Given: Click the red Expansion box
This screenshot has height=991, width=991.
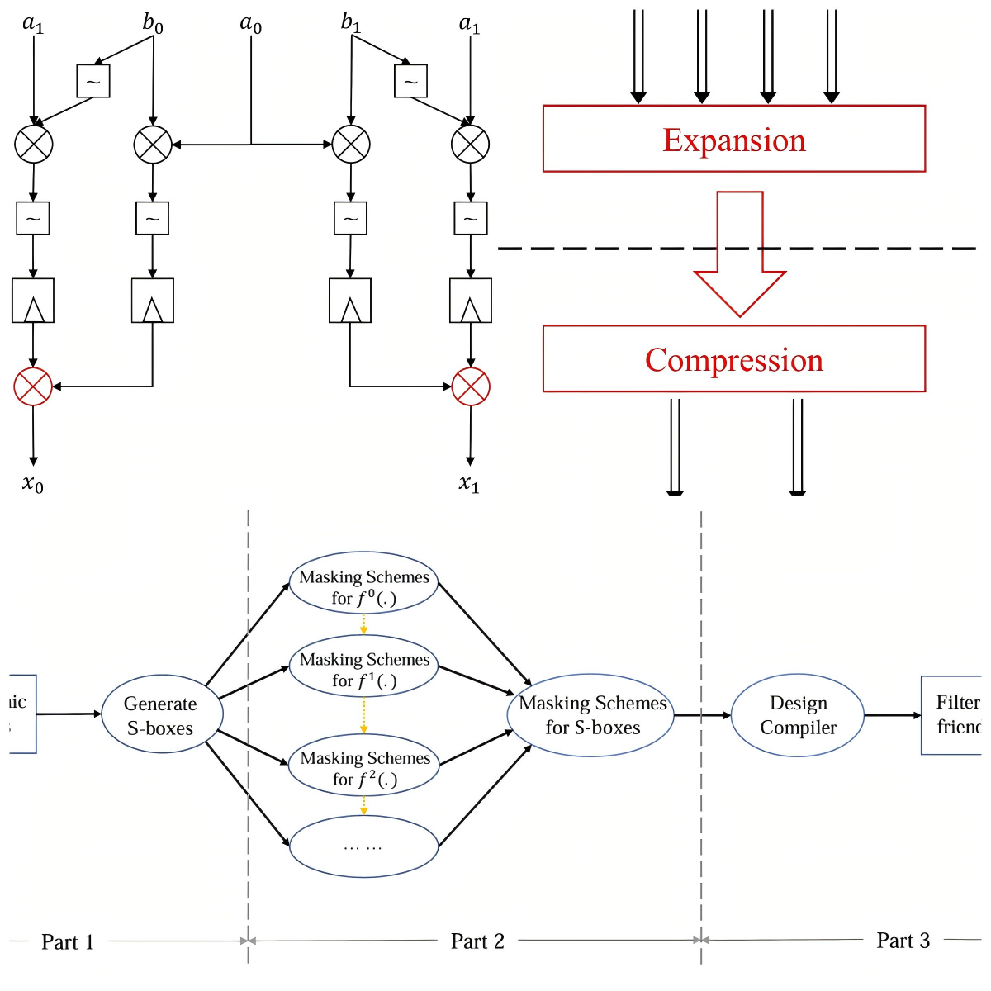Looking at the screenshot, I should (733, 139).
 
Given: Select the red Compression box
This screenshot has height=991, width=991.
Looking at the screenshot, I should (733, 358).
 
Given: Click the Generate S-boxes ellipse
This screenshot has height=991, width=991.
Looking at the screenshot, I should (161, 715).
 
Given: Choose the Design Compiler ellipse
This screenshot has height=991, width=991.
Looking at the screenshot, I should (798, 715).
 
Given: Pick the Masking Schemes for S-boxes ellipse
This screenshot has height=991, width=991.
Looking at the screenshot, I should (591, 715).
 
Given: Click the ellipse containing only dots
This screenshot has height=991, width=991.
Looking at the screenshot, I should (363, 846).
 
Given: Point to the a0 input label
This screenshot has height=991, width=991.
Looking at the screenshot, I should (251, 24).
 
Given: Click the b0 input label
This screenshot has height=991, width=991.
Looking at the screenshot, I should (153, 23).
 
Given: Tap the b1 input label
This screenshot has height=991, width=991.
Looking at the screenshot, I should (351, 22).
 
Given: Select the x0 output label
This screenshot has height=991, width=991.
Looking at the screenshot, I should (33, 484).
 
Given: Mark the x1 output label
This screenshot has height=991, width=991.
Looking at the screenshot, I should (469, 484).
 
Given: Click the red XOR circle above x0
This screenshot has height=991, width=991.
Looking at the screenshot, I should (33, 386).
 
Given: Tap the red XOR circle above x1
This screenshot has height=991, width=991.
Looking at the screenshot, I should (471, 386).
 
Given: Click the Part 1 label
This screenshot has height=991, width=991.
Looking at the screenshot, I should (68, 941).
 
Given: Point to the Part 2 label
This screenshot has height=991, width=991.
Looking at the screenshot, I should (477, 941).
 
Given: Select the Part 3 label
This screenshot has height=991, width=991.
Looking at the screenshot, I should (903, 941).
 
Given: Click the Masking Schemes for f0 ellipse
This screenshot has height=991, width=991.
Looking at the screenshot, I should (363, 587).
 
